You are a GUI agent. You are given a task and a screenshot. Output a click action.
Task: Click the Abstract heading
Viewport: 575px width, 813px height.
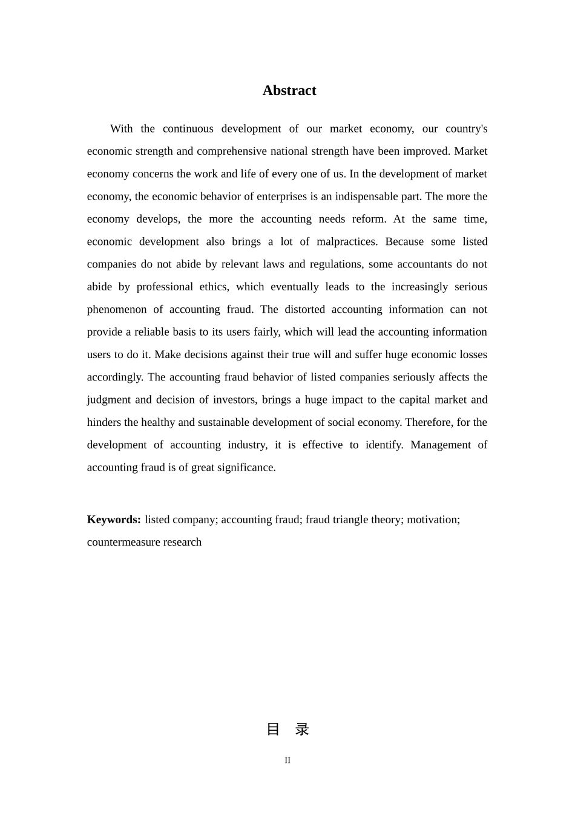(x=289, y=91)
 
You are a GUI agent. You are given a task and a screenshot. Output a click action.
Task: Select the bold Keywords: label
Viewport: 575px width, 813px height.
(x=114, y=520)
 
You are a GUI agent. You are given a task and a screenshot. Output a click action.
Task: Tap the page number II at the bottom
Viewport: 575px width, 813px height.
(x=287, y=760)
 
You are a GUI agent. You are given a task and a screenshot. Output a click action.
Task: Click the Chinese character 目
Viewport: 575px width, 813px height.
(x=273, y=730)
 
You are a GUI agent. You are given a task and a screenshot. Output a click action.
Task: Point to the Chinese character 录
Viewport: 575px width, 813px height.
(x=302, y=730)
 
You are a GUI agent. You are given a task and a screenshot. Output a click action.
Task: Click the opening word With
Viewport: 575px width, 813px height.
(x=121, y=129)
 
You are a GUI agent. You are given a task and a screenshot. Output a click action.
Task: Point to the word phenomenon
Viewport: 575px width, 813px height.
(x=117, y=310)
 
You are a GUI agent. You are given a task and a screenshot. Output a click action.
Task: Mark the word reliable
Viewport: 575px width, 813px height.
(x=152, y=332)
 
